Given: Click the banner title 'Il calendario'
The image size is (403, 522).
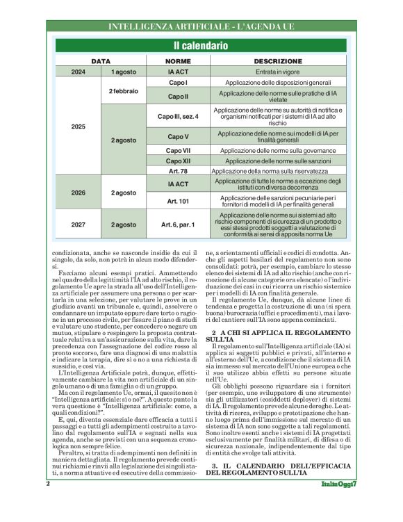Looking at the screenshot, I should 200,47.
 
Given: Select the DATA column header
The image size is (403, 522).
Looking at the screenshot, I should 101,61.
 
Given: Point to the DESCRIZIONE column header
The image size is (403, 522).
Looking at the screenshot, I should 277,61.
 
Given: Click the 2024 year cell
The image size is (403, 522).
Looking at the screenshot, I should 79,72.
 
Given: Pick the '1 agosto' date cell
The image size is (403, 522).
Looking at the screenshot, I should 124,72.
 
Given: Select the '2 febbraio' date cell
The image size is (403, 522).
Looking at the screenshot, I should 124,91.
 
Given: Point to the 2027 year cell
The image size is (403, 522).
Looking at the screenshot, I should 79,225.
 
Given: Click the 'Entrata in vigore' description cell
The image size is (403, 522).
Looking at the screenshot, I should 277,72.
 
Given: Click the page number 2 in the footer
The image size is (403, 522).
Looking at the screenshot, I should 48,502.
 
